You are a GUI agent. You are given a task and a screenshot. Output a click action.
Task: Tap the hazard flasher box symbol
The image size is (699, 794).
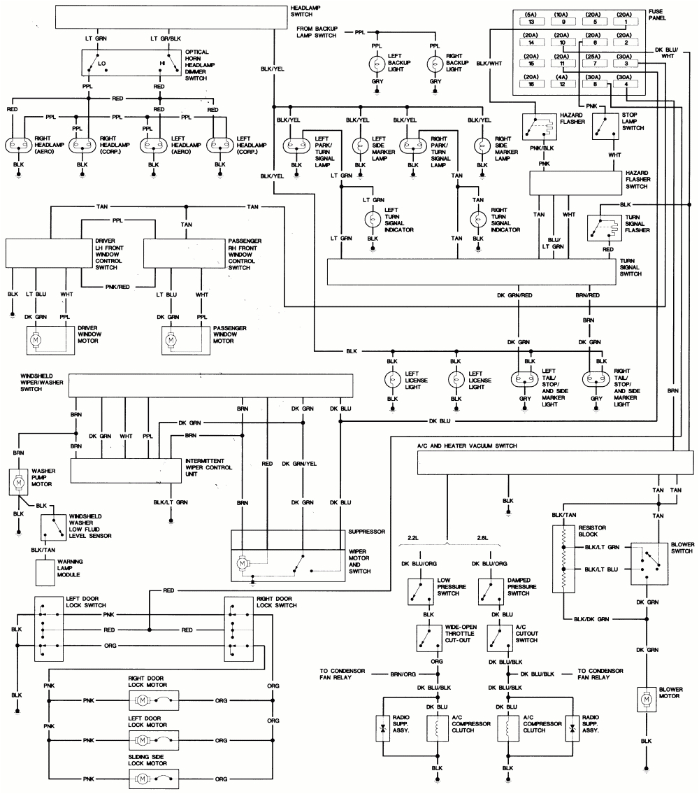(535, 126)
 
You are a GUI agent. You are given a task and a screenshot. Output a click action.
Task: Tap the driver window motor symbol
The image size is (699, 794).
(36, 339)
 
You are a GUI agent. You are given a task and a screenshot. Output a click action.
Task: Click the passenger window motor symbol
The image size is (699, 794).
(171, 339)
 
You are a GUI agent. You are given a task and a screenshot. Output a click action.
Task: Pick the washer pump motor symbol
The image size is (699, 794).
(20, 481)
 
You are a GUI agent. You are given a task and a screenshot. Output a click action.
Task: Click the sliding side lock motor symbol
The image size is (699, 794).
(143, 779)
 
